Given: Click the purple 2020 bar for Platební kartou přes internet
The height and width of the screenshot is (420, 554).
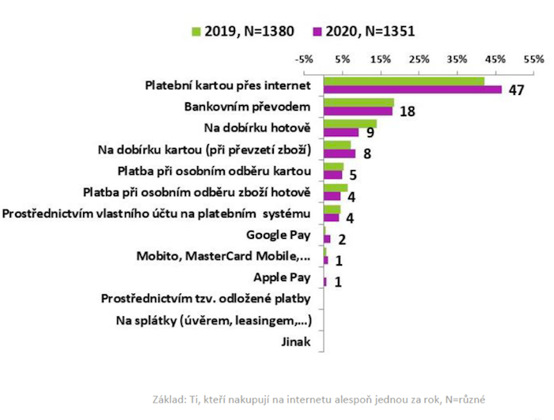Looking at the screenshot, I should [412, 89].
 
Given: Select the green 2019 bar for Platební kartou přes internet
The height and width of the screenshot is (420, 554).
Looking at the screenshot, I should [404, 81].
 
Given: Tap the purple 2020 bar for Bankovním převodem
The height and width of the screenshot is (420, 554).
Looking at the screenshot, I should [358, 111].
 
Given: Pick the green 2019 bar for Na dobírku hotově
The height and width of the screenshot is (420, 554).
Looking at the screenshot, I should [350, 123].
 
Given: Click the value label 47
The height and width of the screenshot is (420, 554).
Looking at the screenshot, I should [517, 90].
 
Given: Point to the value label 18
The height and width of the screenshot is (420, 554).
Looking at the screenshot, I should [408, 112].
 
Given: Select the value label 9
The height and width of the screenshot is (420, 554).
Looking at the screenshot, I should [370, 133].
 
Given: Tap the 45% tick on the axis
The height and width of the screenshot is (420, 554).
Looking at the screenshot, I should [495, 59].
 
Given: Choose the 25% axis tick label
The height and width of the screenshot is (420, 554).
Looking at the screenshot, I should [419, 59].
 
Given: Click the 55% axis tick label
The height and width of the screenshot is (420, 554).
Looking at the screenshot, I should [533, 59].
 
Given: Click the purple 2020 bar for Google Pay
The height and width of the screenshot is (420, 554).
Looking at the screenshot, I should [327, 239].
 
